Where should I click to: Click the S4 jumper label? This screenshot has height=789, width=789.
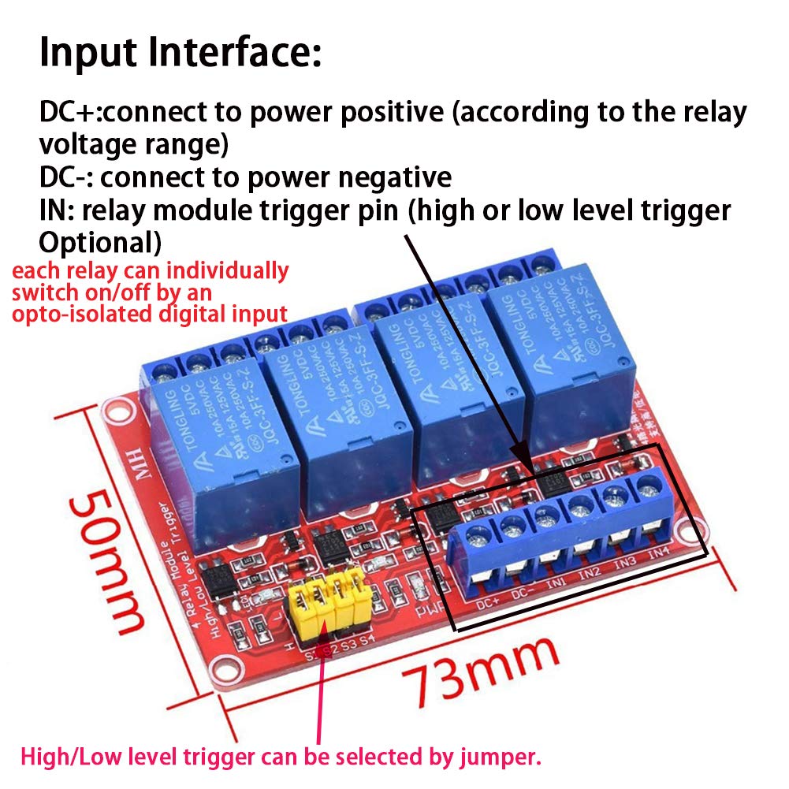367,639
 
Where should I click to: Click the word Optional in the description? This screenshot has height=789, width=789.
101,240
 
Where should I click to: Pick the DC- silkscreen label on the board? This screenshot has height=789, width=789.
523,595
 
